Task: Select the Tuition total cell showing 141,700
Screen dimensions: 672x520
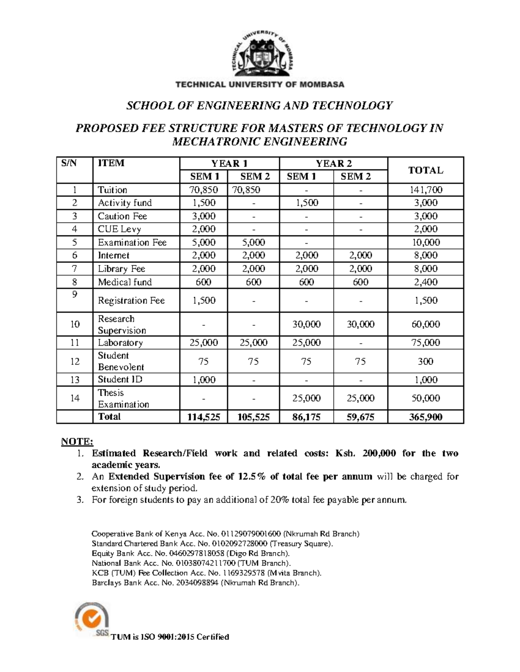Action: point(425,190)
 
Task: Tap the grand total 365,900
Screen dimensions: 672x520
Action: point(425,417)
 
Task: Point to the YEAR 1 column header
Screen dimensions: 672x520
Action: point(229,163)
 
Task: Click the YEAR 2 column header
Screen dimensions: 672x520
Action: point(333,163)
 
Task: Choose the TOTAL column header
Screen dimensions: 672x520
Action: point(425,170)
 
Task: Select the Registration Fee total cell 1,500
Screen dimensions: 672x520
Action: point(425,300)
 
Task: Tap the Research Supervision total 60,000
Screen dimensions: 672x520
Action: point(425,324)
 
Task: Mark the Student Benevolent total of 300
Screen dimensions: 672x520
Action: point(425,361)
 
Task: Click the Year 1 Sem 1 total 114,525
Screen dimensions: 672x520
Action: point(204,417)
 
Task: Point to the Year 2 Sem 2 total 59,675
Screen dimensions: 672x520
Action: point(360,417)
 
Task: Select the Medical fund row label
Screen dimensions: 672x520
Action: point(124,282)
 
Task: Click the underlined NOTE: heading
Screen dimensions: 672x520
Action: point(77,441)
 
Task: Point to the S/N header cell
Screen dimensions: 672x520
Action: point(68,163)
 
